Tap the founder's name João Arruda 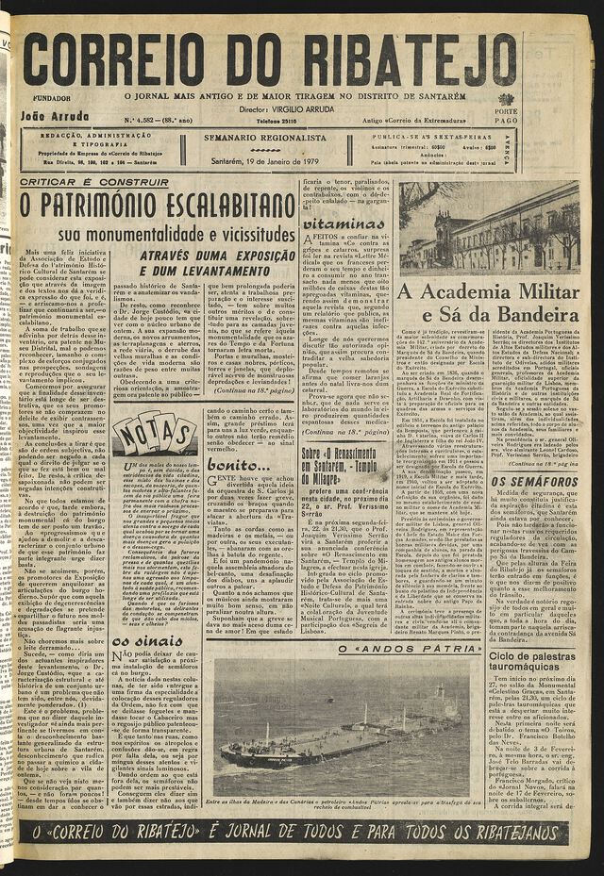(55, 117)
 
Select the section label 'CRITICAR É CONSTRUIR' (81, 182)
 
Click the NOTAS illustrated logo (155, 435)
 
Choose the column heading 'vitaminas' (344, 224)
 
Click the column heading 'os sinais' (145, 639)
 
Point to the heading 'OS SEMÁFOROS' (533, 481)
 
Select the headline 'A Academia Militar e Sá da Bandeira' (488, 302)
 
